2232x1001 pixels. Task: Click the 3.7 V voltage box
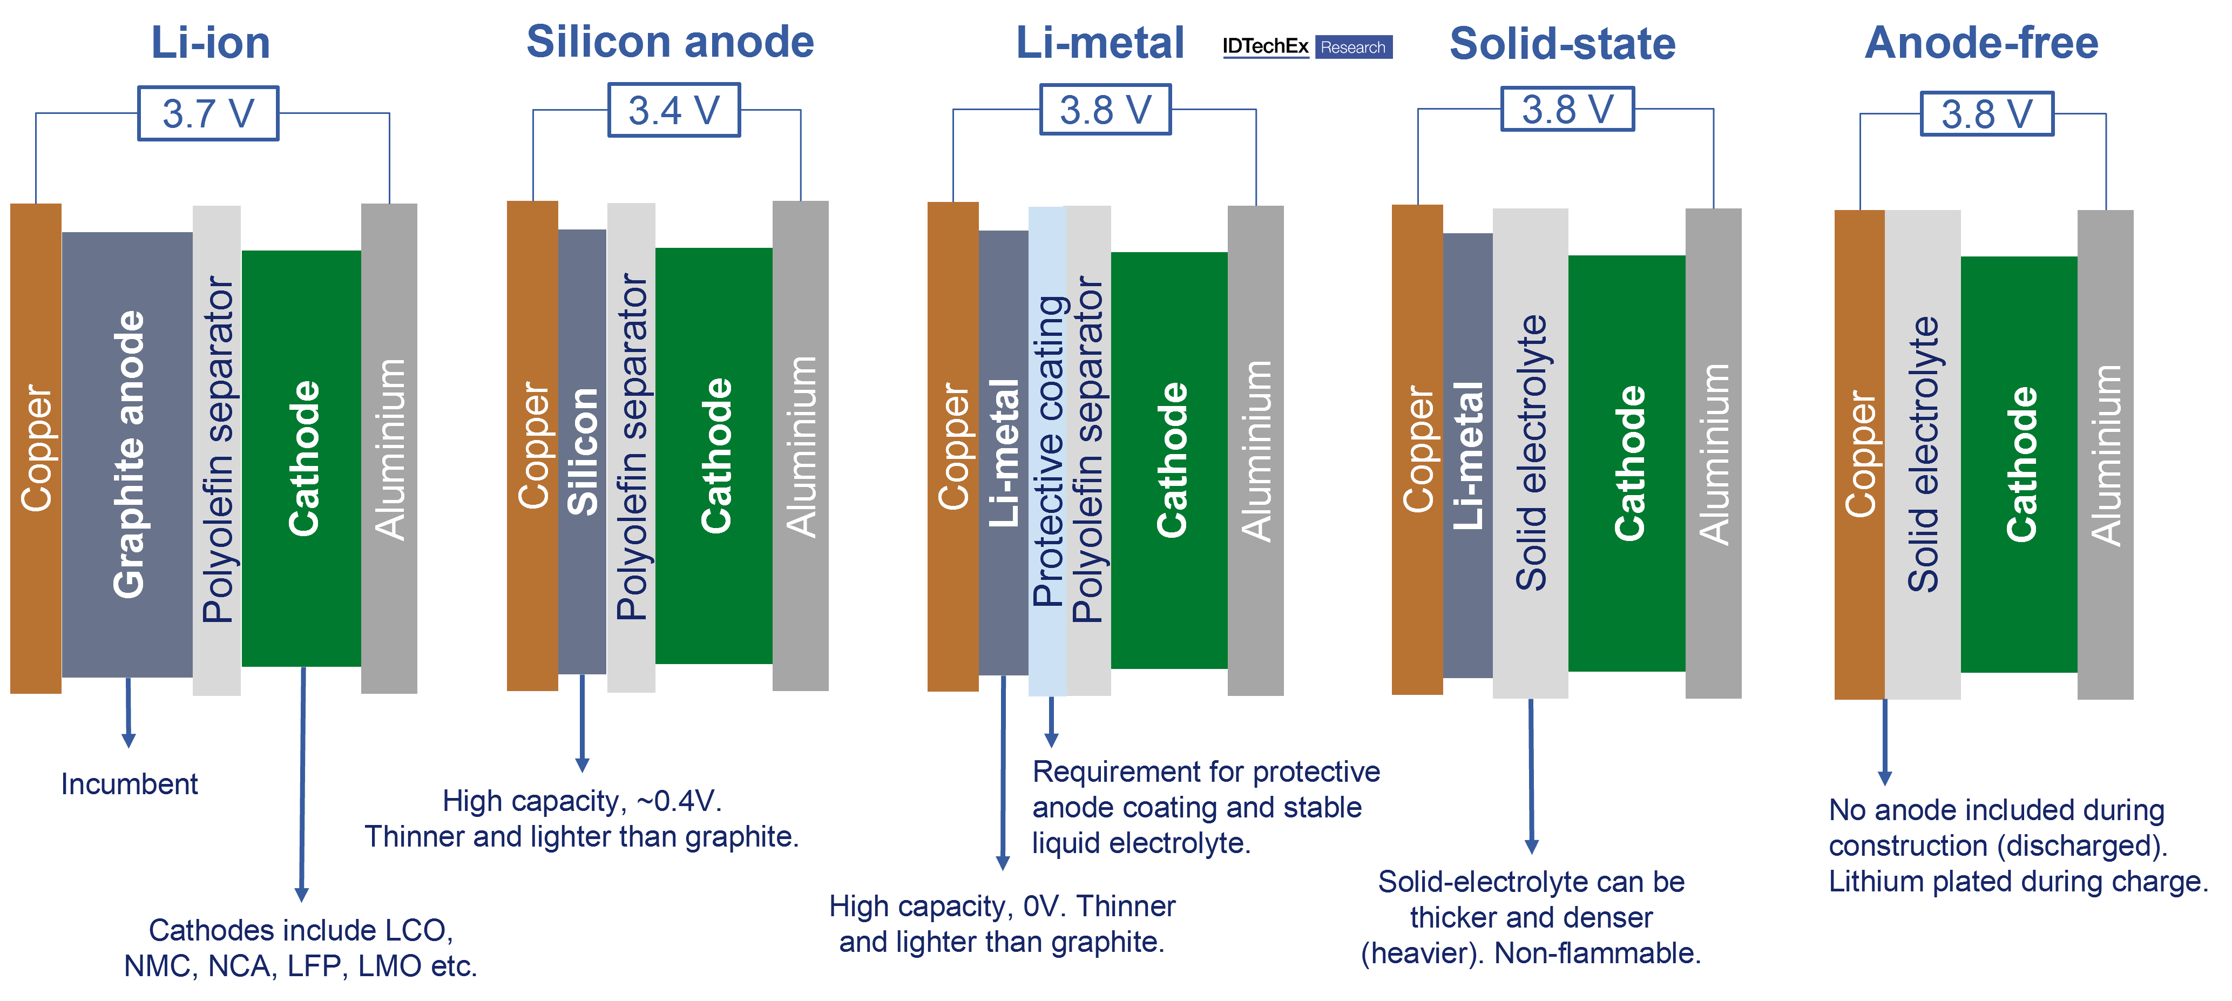pyautogui.click(x=208, y=113)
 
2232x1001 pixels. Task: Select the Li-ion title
pyautogui.click(x=211, y=43)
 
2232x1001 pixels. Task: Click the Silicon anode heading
pyautogui.click(x=670, y=42)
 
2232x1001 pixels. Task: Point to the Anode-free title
pyautogui.click(x=1981, y=43)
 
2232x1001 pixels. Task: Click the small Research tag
pyautogui.click(x=1352, y=48)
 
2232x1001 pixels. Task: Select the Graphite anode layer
pyautogui.click(x=127, y=454)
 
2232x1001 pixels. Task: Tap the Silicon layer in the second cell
pyautogui.click(x=582, y=451)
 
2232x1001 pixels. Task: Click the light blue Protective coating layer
pyautogui.click(x=1047, y=451)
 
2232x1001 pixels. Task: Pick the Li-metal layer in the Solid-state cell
pyautogui.click(x=1468, y=455)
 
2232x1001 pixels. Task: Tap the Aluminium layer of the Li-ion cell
pyautogui.click(x=389, y=448)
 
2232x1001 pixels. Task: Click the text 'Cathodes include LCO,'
pyautogui.click(x=301, y=930)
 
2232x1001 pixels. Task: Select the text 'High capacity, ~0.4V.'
pyautogui.click(x=581, y=801)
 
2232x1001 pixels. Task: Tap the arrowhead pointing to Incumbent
pyautogui.click(x=128, y=740)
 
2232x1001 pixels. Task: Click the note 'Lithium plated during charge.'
pyautogui.click(x=2018, y=881)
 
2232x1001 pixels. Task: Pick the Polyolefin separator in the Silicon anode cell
pyautogui.click(x=631, y=447)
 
